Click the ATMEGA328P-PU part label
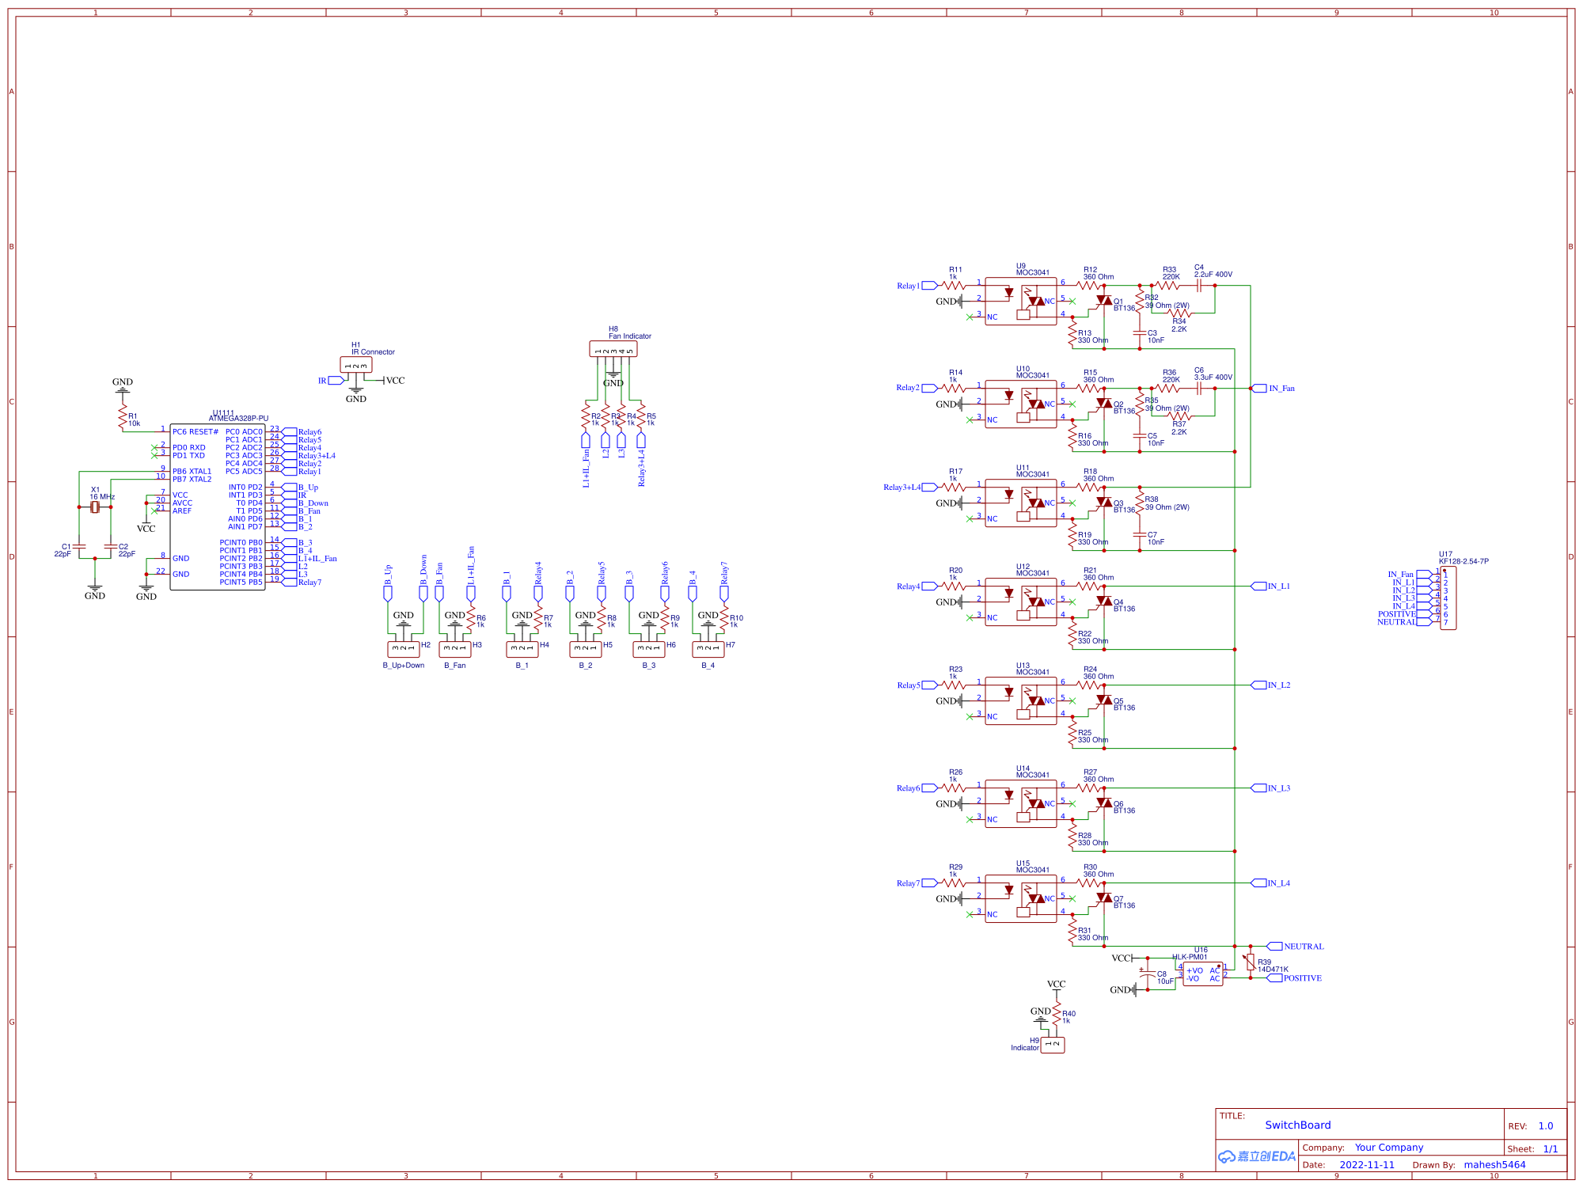[x=238, y=419]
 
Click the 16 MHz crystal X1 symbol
[x=95, y=507]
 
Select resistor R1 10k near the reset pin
[x=123, y=416]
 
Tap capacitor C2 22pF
[x=111, y=546]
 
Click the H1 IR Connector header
[x=355, y=365]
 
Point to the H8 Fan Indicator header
[x=613, y=349]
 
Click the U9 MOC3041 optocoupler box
[x=1020, y=301]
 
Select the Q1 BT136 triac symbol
[x=1104, y=301]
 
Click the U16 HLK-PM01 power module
[x=1202, y=974]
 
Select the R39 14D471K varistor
[x=1251, y=962]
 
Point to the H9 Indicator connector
[x=1052, y=1045]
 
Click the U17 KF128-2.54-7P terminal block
[x=1448, y=598]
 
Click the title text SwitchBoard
[x=1297, y=1125]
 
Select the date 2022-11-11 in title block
[x=1367, y=1165]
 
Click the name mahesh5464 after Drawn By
[x=1494, y=1164]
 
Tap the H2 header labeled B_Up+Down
[x=403, y=649]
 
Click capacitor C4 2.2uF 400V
[x=1199, y=286]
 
